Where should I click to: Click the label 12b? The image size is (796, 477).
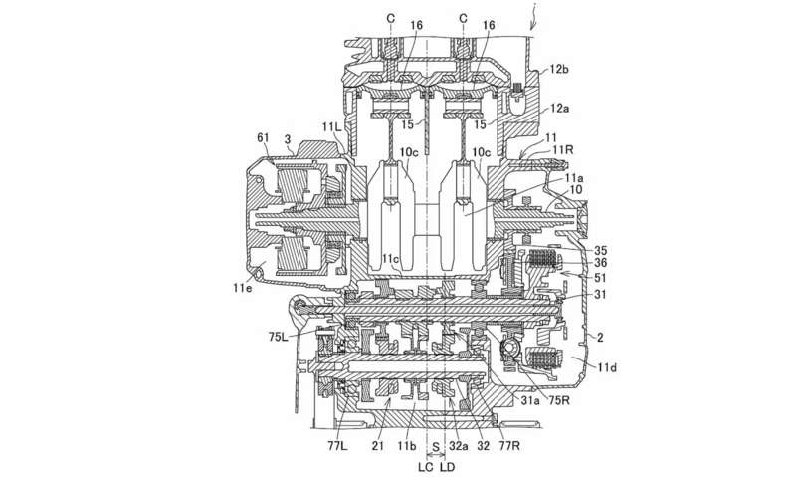[x=559, y=69]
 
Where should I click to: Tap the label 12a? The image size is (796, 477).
[x=560, y=109]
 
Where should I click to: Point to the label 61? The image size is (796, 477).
[x=263, y=137]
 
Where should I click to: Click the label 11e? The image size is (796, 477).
[x=242, y=288]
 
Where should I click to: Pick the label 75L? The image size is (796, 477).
[x=279, y=337]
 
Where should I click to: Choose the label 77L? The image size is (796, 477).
[x=337, y=446]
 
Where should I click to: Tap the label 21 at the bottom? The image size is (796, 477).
[x=376, y=446]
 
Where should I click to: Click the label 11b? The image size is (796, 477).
[x=407, y=446]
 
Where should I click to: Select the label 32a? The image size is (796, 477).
[x=458, y=446]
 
